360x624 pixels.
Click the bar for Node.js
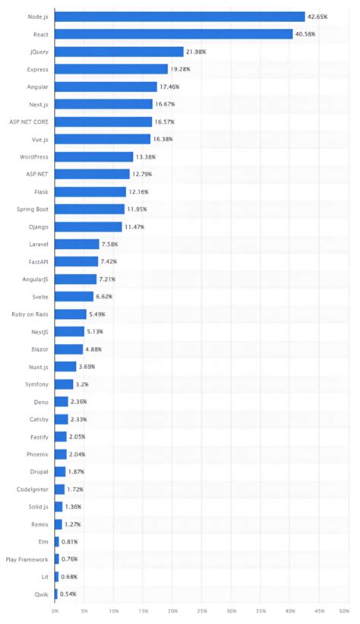click(x=179, y=17)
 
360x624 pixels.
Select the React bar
click(x=173, y=34)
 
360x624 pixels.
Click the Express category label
click(x=38, y=69)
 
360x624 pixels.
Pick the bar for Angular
click(x=106, y=87)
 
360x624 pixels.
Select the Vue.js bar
click(x=103, y=139)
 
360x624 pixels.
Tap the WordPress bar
click(x=93, y=156)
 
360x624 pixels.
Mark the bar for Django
click(x=88, y=226)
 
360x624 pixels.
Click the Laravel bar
click(x=77, y=244)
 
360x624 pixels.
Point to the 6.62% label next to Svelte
click(x=106, y=296)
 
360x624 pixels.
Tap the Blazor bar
click(x=68, y=348)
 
